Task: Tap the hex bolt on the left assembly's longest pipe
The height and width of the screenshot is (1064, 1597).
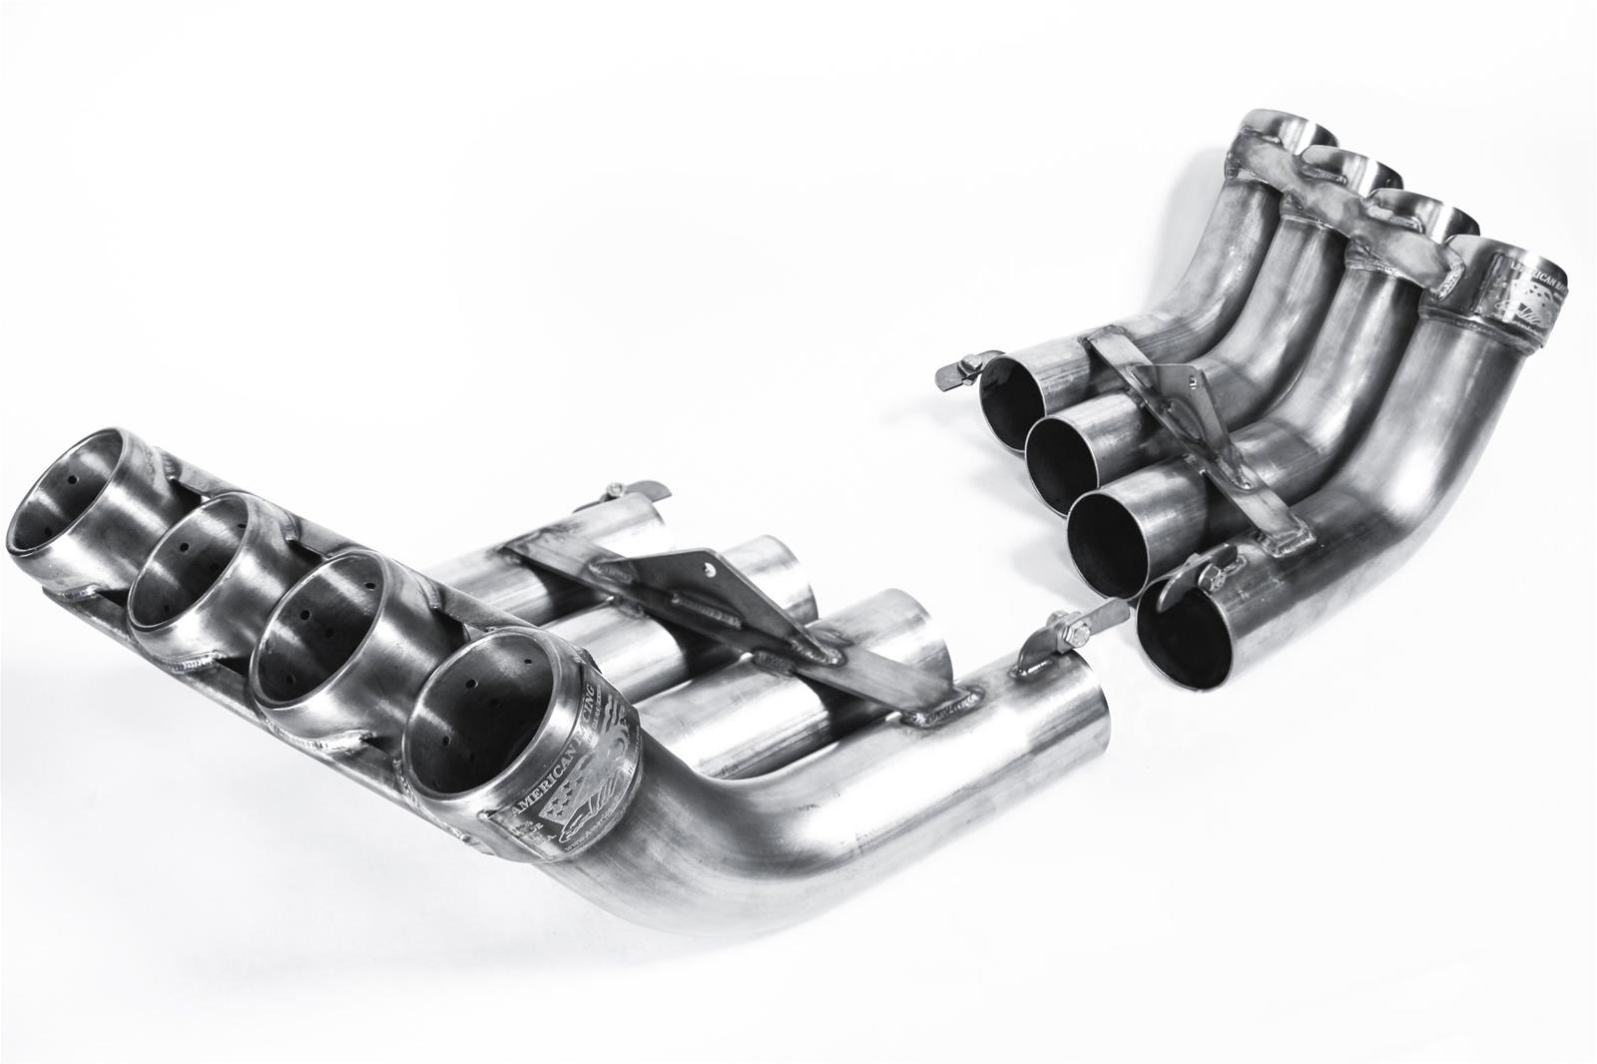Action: click(1066, 632)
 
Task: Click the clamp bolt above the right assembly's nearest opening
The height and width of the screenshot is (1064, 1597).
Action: click(1214, 576)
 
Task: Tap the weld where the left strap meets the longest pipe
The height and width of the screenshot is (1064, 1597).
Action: click(933, 708)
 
